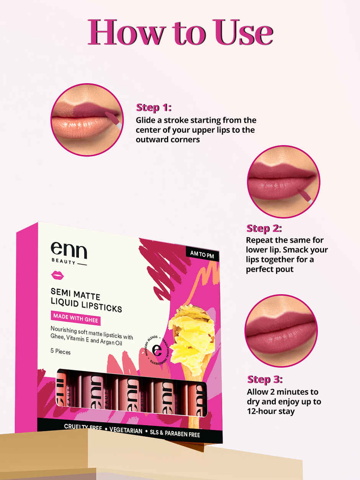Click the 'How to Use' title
[180, 32]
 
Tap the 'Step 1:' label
[154, 107]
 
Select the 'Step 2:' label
[264, 228]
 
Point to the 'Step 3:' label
[265, 379]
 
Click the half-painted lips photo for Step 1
[87, 120]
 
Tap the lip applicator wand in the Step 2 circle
[306, 195]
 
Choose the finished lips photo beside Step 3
[281, 331]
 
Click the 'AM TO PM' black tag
[202, 253]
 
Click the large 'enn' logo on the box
[69, 250]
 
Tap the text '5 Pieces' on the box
[61, 351]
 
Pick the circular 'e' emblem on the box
[157, 350]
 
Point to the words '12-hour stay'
[271, 411]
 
